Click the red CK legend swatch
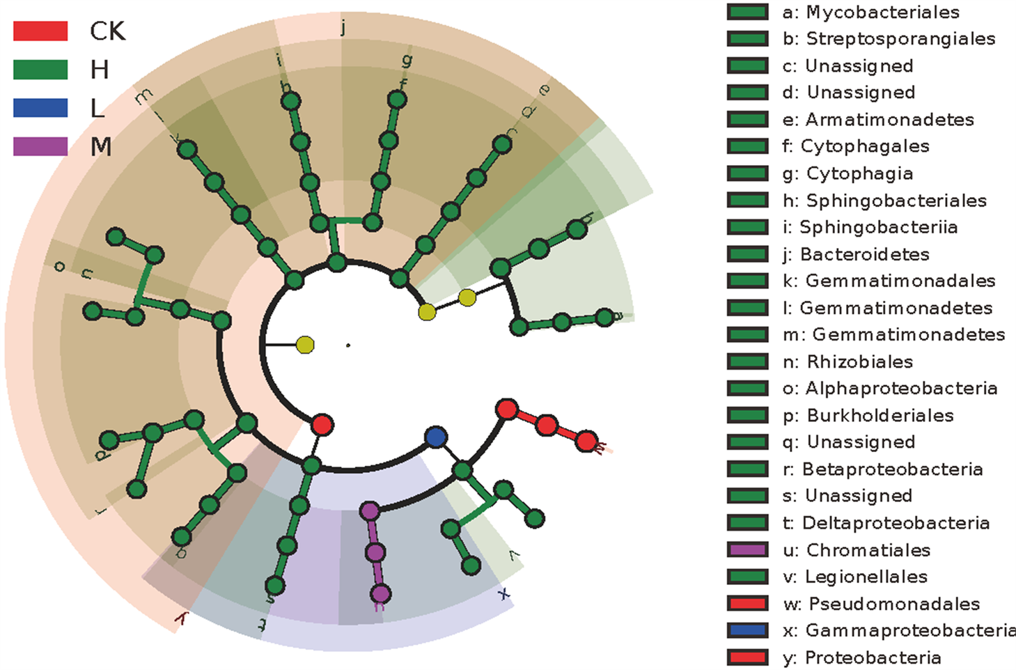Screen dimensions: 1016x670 tap(40, 31)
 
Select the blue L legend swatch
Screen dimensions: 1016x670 tap(40, 108)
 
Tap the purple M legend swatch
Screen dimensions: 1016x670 tap(40, 146)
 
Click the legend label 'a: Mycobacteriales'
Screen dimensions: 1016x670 tap(870, 12)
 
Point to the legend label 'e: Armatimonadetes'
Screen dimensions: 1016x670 tap(877, 120)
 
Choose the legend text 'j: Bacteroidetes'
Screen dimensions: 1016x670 tap(855, 254)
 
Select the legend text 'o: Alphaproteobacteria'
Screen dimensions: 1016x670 tap(889, 389)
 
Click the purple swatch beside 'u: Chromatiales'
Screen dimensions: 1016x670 tap(747, 550)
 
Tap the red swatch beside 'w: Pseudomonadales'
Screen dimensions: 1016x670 tap(747, 603)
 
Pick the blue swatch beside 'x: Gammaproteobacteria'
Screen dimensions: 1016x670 tap(747, 630)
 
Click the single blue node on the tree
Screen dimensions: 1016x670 tap(436, 437)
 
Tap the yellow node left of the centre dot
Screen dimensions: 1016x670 tap(305, 344)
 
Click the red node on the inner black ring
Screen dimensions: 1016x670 tap(322, 424)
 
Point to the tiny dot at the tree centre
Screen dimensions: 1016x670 tap(348, 345)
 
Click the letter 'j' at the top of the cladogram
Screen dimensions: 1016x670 tap(343, 28)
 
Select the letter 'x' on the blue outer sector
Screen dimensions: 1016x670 tap(503, 593)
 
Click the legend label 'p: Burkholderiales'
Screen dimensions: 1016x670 tap(868, 416)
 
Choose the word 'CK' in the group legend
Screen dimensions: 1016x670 tap(107, 31)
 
